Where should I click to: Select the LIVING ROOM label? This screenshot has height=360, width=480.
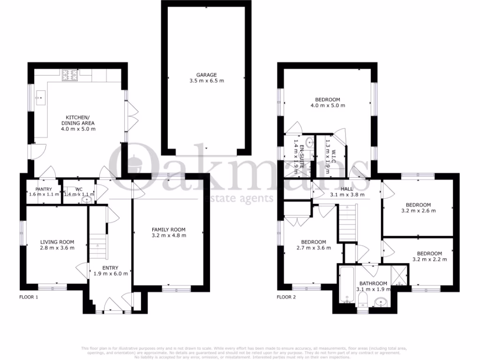[x=57, y=242]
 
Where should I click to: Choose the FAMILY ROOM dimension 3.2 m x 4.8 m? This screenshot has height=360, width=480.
[x=168, y=235]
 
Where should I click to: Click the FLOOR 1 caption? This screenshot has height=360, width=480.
[x=29, y=297]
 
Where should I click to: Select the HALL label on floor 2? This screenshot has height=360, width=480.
[x=347, y=188]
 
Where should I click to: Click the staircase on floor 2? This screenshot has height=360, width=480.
[x=347, y=224]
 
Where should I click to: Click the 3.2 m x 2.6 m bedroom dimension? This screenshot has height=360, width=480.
[x=418, y=210]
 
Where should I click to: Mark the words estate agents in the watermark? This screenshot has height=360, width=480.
[x=237, y=198]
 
